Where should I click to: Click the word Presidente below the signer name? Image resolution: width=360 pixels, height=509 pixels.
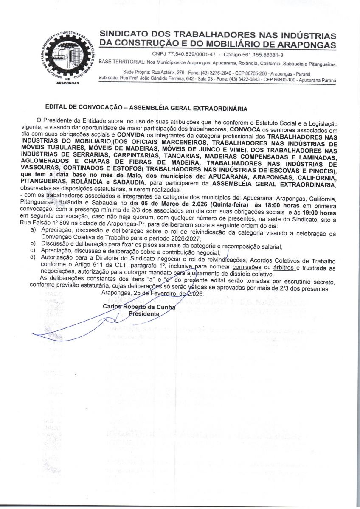click(144, 314)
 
